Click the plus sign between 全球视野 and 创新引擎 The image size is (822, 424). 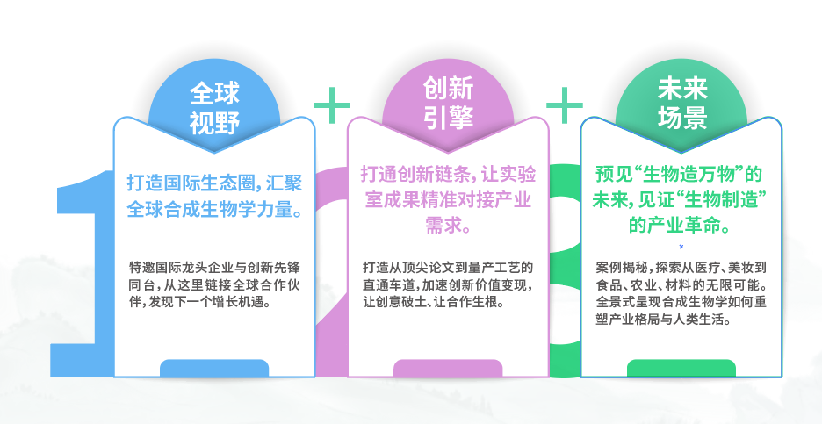click(331, 105)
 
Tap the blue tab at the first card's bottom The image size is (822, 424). click(214, 368)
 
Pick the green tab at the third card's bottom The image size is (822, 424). click(681, 368)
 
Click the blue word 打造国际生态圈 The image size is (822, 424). click(181, 183)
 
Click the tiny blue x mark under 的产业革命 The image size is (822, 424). click(681, 247)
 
